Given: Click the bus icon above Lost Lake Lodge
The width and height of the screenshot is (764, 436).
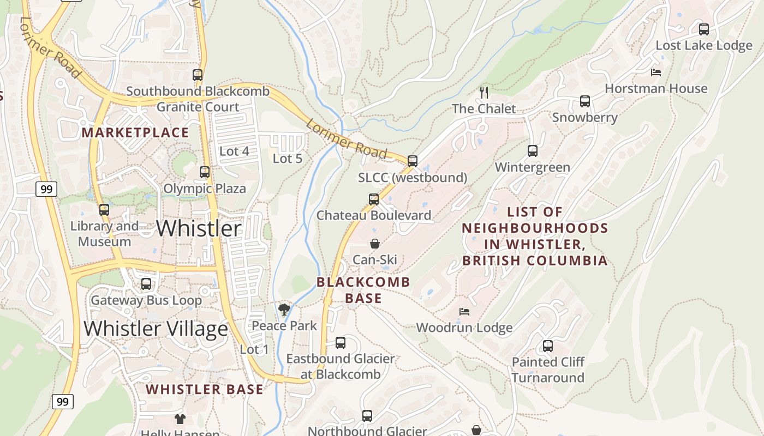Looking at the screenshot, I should pos(704,29).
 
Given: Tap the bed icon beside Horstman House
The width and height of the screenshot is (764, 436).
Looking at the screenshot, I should pos(656,72).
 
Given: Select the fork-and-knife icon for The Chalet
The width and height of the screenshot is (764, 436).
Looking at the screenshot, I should pos(484,92).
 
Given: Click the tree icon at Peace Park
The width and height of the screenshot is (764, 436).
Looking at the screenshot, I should pos(284,310).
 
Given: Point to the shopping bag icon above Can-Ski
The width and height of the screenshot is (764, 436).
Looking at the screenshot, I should pos(375,244).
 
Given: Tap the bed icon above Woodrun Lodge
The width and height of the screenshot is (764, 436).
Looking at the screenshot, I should pos(464,312).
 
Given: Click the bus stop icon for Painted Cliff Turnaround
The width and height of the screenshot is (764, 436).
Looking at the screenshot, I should pos(548,346).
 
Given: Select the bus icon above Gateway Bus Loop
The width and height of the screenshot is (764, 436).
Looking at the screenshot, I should pos(146,284).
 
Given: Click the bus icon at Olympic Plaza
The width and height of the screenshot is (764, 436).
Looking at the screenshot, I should pos(205,172).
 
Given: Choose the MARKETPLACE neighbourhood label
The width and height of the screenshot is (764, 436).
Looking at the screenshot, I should pos(135,132).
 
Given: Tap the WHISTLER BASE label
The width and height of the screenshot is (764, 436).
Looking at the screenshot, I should pos(205,390).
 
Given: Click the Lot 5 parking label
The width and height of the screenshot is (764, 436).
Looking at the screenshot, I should pos(287,159).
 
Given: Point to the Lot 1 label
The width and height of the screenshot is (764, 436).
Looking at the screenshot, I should pos(254,349).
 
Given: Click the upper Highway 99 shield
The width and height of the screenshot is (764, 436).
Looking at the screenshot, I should pos(47,189).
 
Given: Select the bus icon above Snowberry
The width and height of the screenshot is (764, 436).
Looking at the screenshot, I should pos(584,101).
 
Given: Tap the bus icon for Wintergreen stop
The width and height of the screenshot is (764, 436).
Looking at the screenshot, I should pos(532,151).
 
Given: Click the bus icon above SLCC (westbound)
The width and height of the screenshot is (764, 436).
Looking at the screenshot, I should pos(413,161).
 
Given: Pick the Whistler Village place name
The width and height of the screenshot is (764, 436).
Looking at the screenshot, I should pos(156,329).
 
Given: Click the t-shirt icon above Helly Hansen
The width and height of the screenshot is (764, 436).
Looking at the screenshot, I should pos(180,419).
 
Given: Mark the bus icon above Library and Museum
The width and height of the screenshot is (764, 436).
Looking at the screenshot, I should pos(104,210).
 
